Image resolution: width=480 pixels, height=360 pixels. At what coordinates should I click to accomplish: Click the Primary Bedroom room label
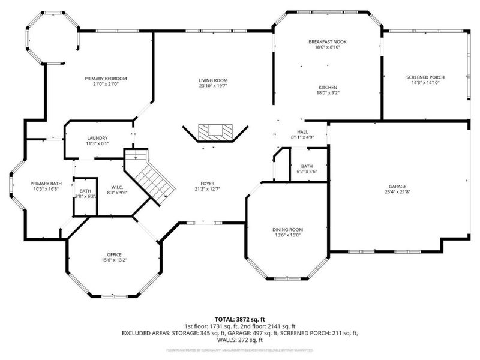click(x=106, y=79)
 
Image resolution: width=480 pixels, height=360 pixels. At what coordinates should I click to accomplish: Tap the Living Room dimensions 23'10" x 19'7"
click(x=213, y=86)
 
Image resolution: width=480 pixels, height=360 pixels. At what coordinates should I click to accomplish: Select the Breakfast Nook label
click(x=328, y=41)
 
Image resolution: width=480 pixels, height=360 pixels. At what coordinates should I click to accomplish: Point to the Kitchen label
click(x=328, y=87)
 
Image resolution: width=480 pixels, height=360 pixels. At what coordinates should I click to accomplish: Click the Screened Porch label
click(x=425, y=77)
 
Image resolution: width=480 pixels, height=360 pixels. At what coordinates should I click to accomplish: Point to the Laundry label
click(x=97, y=138)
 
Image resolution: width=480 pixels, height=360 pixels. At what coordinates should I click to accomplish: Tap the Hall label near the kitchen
click(x=302, y=131)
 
